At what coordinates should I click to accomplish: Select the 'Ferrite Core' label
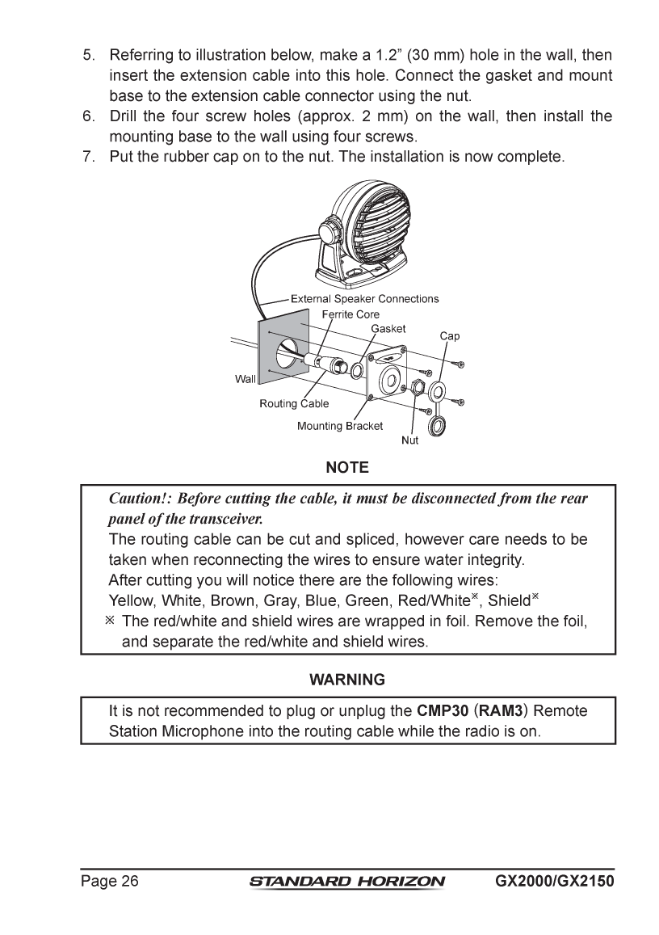pyautogui.click(x=350, y=314)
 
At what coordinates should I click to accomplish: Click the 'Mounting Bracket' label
pyautogui.click(x=340, y=426)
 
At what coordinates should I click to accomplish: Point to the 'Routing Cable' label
pyautogui.click(x=294, y=404)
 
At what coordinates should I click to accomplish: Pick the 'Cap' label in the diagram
pyautogui.click(x=450, y=335)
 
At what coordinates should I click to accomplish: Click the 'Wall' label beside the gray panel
pyautogui.click(x=245, y=378)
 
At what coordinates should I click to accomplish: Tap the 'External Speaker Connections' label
pyautogui.click(x=364, y=299)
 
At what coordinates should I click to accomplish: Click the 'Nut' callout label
pyautogui.click(x=410, y=440)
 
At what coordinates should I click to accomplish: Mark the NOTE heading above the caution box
pyautogui.click(x=347, y=468)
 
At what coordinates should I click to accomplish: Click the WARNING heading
pyautogui.click(x=347, y=680)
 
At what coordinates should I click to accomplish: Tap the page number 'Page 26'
pyautogui.click(x=110, y=881)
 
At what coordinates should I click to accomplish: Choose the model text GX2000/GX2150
pyautogui.click(x=553, y=881)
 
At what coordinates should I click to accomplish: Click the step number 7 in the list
pyautogui.click(x=89, y=156)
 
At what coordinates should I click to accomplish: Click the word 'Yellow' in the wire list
pyautogui.click(x=131, y=600)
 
